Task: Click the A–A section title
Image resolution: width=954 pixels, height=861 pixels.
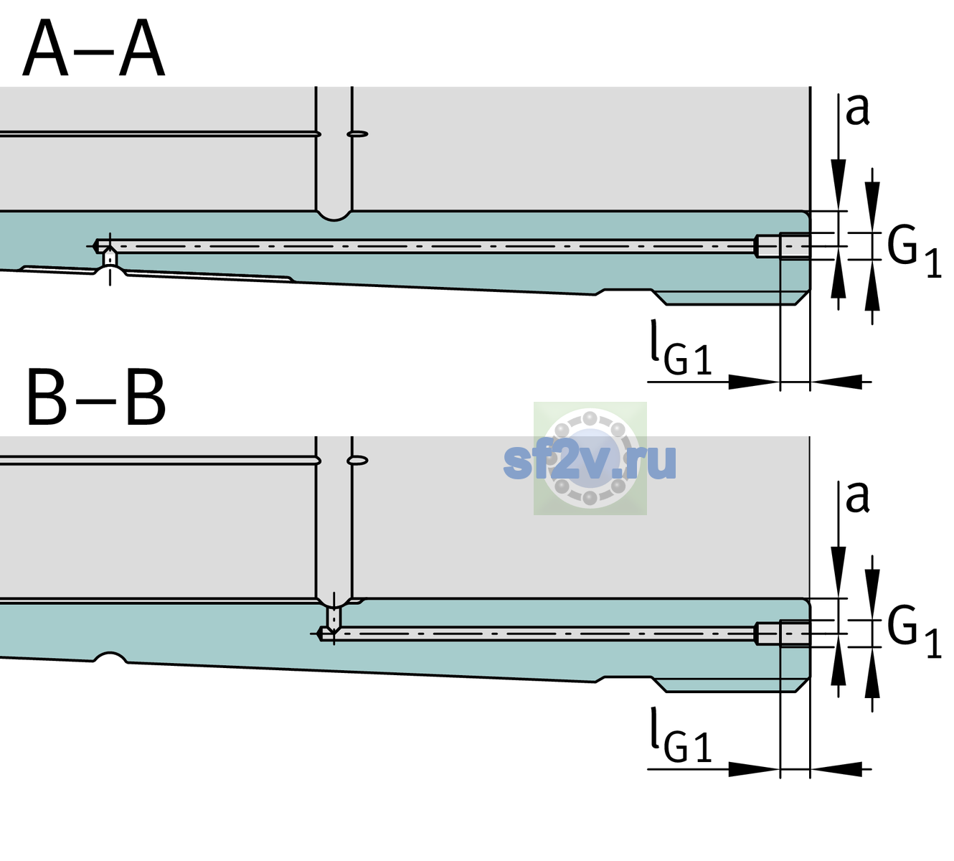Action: pos(94,48)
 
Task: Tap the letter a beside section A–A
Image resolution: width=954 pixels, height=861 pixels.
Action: pos(857,110)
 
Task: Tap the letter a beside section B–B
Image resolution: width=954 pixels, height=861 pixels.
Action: pos(857,497)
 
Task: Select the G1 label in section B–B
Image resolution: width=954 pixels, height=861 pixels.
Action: pos(914,633)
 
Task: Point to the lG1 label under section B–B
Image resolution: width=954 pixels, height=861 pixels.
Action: pos(681,735)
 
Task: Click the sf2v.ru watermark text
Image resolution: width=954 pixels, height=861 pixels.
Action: pos(590,461)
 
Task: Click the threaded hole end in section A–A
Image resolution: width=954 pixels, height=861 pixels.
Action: pos(783,246)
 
